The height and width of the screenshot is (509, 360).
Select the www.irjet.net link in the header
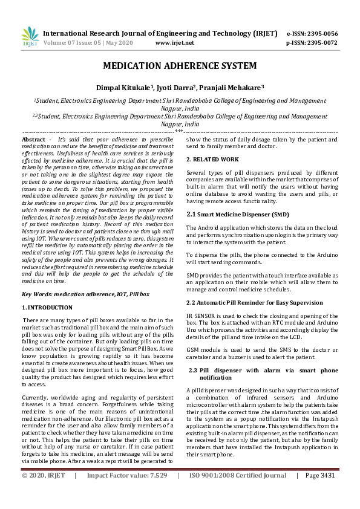pos(175,43)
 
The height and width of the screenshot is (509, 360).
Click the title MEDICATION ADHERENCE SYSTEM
pos(180,66)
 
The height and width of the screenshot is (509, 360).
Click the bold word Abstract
pos(33,139)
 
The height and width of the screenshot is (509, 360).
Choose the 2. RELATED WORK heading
pos(212,159)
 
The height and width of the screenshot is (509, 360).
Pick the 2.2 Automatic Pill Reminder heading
pos(254,302)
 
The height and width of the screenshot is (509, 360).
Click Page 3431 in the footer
pos(320,493)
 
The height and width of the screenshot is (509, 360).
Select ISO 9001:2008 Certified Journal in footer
pos(238,493)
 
